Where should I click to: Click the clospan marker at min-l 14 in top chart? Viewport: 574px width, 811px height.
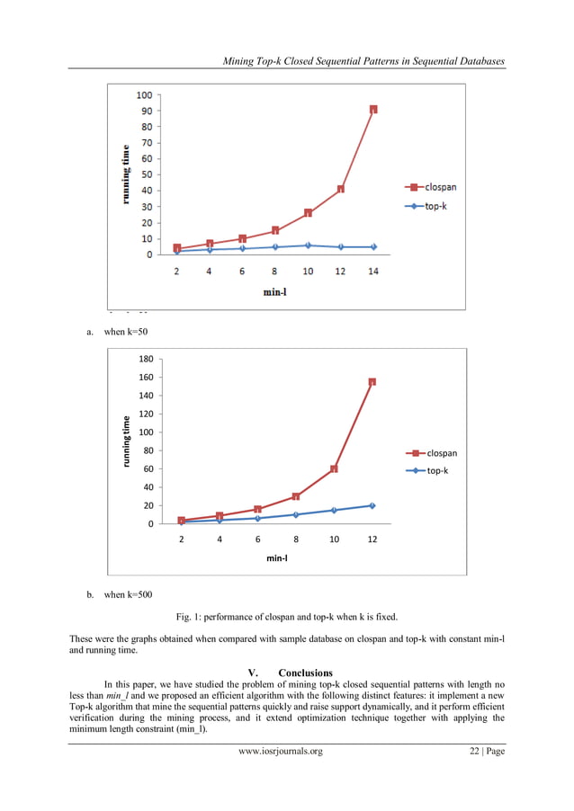(x=373, y=110)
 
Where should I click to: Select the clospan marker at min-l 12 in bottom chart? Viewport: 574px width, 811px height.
(x=372, y=382)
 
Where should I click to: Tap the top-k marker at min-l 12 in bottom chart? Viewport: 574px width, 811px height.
(x=372, y=505)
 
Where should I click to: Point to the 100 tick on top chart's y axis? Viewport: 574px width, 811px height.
(x=143, y=94)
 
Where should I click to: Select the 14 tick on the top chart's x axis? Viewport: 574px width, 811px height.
(x=373, y=272)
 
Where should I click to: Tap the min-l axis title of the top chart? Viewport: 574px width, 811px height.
(x=275, y=290)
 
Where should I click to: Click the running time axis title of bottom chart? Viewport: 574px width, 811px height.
(x=127, y=440)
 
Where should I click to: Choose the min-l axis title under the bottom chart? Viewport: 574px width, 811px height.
(x=277, y=557)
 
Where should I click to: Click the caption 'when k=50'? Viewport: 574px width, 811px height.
(x=125, y=332)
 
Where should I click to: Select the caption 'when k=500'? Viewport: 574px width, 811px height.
(x=128, y=594)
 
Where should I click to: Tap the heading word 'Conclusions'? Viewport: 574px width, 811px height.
(x=305, y=673)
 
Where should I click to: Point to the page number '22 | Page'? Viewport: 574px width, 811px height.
(x=480, y=751)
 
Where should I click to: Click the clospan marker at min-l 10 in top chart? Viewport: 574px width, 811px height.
(x=308, y=213)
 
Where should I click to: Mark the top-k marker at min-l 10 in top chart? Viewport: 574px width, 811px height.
(x=308, y=245)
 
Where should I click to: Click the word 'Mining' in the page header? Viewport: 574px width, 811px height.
(x=240, y=61)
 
